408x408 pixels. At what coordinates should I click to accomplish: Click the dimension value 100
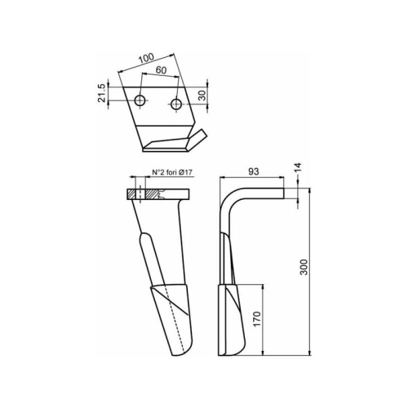146,58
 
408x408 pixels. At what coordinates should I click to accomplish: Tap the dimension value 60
161,70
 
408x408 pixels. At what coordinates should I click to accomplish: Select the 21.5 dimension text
101,93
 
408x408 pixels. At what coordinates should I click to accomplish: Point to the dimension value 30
202,95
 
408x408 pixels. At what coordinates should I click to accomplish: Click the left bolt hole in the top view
140,100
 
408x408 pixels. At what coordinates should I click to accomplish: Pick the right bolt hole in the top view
176,104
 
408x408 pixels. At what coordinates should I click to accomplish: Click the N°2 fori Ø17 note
172,172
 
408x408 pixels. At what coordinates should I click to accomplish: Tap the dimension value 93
254,171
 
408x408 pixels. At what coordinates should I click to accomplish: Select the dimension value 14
299,167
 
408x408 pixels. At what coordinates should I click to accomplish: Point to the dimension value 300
304,267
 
